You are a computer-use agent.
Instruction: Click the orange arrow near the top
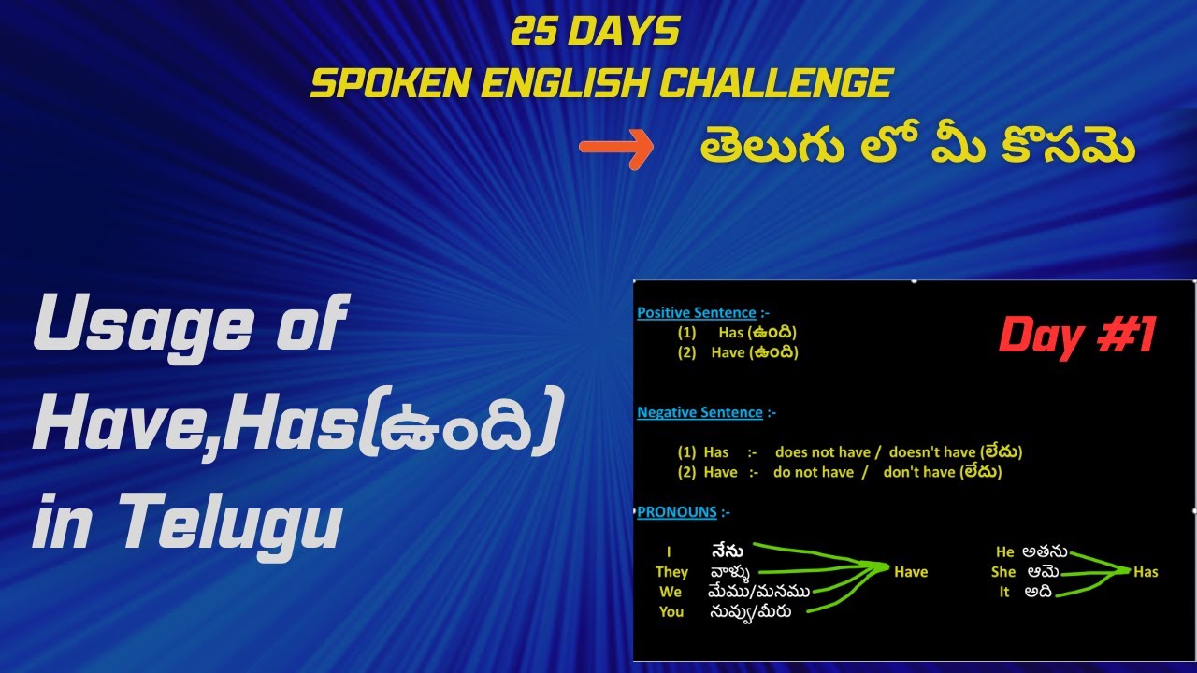615,149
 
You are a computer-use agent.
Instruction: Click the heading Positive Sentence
696,313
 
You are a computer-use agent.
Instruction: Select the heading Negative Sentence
699,412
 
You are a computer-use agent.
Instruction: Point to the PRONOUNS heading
677,512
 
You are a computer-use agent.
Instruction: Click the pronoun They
671,572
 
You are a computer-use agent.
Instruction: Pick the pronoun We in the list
671,592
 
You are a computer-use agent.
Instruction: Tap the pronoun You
671,612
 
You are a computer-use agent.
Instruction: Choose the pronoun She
1003,572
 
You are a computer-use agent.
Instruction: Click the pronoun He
1005,552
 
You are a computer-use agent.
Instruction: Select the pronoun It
1004,592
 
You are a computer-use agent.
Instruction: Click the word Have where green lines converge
911,572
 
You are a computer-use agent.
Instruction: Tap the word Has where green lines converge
1146,572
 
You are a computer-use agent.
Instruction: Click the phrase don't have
919,472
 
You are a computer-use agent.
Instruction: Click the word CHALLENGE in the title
775,84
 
